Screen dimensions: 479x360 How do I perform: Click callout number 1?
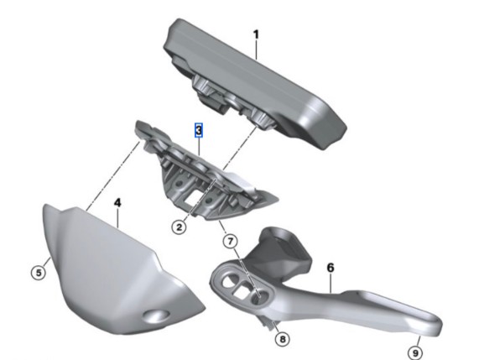coord(256,34)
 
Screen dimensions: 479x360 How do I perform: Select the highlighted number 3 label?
coord(199,130)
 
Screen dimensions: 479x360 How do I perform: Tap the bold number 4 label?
coord(117,202)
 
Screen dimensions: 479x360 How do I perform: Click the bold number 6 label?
coord(331,268)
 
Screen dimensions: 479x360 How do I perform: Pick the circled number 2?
coord(179,227)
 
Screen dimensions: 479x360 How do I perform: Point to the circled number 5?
coord(39,272)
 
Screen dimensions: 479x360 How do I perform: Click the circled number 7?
coord(230,242)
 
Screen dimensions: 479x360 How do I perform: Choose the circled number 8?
coord(282,339)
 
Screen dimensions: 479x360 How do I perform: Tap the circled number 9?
coord(415,353)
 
